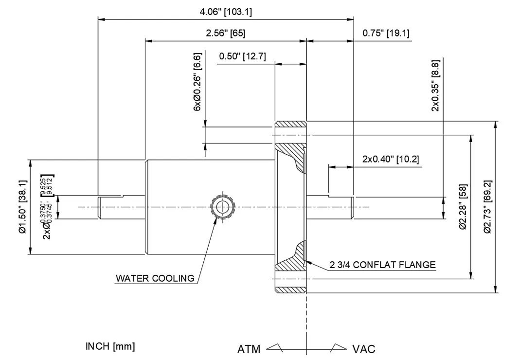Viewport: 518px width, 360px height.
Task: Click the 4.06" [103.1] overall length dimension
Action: (x=226, y=12)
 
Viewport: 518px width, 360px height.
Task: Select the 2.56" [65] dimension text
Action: (x=226, y=33)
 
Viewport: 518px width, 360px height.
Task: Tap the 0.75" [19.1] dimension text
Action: (x=386, y=33)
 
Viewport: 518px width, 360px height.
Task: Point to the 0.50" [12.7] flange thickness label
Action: (x=242, y=56)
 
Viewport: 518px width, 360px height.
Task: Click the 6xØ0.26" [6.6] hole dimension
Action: (x=197, y=81)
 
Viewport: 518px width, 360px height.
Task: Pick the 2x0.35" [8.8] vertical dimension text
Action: (x=435, y=86)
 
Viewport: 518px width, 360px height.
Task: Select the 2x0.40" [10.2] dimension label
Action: (x=391, y=159)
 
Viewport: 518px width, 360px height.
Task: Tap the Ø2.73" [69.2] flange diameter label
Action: (x=488, y=207)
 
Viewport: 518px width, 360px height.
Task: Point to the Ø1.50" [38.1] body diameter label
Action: (x=22, y=207)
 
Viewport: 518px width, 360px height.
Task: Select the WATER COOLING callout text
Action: (x=155, y=279)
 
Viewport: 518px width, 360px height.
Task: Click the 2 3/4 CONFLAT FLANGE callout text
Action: (x=382, y=265)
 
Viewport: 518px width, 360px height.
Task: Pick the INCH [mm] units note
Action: (x=110, y=346)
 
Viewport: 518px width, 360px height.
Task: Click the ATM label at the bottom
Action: (x=249, y=349)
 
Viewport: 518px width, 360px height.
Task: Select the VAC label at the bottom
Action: (x=363, y=349)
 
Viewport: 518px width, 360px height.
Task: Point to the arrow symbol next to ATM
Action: (x=274, y=347)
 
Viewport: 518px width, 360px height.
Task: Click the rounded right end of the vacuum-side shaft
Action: (x=351, y=207)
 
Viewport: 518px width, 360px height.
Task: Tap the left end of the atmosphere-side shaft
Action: (x=100, y=207)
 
